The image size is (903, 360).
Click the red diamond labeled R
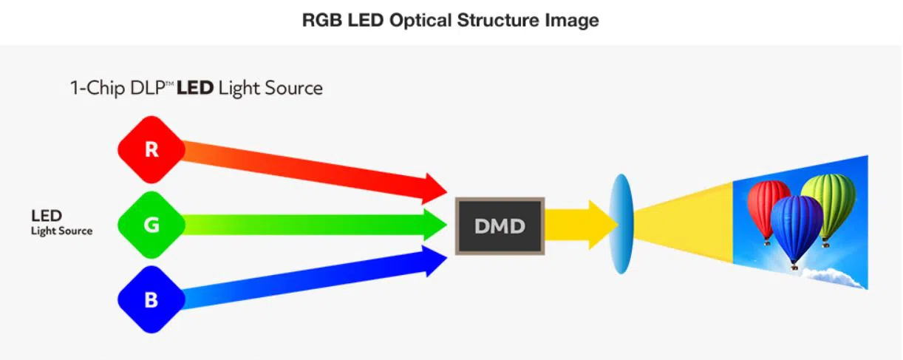pyautogui.click(x=151, y=150)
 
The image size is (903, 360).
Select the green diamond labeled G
pyautogui.click(x=151, y=225)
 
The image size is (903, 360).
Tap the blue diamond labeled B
pyautogui.click(x=151, y=300)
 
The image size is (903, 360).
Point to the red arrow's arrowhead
pyautogui.click(x=433, y=189)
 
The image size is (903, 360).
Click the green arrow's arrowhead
pyautogui.click(x=435, y=224)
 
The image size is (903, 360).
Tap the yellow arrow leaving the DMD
pyautogui.click(x=580, y=224)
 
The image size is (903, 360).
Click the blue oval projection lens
pyautogui.click(x=622, y=223)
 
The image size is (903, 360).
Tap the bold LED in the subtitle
pyautogui.click(x=195, y=89)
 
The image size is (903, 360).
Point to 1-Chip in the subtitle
pyautogui.click(x=93, y=89)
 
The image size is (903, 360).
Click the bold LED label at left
pyautogui.click(x=46, y=217)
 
